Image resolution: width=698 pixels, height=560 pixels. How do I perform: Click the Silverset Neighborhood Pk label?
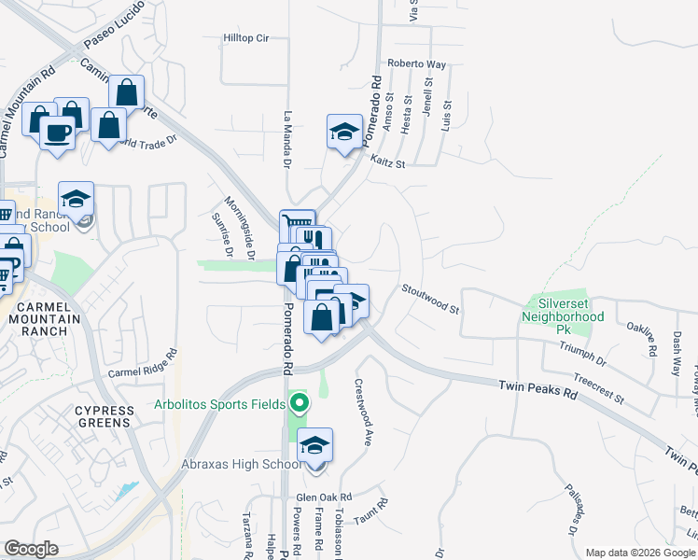pos(565,311)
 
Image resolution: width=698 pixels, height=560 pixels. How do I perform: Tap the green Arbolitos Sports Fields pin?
pos(299,404)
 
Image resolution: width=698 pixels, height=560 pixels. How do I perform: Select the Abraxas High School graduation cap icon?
pos(315,447)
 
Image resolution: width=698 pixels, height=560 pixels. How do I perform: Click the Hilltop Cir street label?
pos(245,38)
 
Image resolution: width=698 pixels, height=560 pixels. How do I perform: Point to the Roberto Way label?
pos(416,63)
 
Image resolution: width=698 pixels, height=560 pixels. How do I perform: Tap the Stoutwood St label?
pos(431,299)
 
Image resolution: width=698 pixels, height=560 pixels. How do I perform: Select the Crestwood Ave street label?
pos(362,412)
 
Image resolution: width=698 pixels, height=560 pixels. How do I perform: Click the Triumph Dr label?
pos(582,354)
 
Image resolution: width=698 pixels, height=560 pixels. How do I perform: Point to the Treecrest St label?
pos(598,387)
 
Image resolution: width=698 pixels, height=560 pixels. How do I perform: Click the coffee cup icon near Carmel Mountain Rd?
pos(58,133)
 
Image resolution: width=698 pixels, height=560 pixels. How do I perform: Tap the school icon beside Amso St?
pos(344,133)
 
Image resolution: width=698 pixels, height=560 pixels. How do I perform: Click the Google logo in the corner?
pos(31,549)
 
